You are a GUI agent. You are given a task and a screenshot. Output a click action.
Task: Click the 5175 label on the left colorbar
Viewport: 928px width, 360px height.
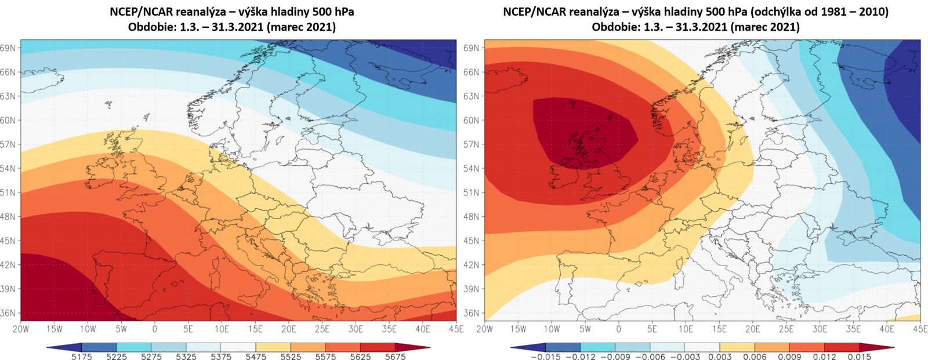click(82, 356)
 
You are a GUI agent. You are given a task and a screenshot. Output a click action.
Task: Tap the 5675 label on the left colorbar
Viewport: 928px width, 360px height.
click(396, 356)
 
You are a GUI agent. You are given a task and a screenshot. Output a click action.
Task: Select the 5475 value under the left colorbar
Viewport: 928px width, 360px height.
click(256, 356)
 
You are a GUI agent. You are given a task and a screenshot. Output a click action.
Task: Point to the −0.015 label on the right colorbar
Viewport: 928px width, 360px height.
click(545, 356)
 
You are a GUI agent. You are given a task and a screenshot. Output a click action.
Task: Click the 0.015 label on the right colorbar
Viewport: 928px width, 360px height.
click(860, 356)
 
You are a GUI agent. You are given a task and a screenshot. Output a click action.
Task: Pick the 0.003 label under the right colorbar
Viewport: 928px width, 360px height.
click(720, 356)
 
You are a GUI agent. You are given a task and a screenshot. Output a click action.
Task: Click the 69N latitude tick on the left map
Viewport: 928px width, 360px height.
click(8, 48)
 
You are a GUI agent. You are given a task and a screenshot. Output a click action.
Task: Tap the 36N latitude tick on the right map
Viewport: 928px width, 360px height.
click(472, 313)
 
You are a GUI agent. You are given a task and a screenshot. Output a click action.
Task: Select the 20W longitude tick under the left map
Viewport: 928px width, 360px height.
click(21, 329)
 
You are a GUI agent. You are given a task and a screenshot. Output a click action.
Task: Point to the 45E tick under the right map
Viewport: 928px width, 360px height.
click(920, 329)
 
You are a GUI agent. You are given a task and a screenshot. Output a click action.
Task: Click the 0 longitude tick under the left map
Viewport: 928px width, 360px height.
click(155, 329)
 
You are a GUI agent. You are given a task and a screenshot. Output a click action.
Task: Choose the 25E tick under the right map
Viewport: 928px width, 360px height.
click(786, 329)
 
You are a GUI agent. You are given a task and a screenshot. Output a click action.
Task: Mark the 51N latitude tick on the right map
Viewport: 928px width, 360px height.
click(472, 192)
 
